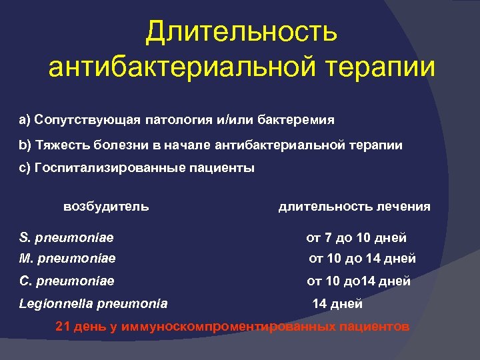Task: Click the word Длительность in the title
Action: click(x=241, y=31)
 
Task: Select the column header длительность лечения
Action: click(x=354, y=207)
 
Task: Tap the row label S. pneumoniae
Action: click(x=66, y=237)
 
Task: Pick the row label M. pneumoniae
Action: click(x=67, y=258)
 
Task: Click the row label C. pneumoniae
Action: click(x=67, y=281)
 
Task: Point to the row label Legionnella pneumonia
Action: click(x=93, y=303)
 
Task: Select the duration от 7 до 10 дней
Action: click(x=356, y=237)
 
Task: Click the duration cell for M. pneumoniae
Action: click(x=362, y=258)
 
